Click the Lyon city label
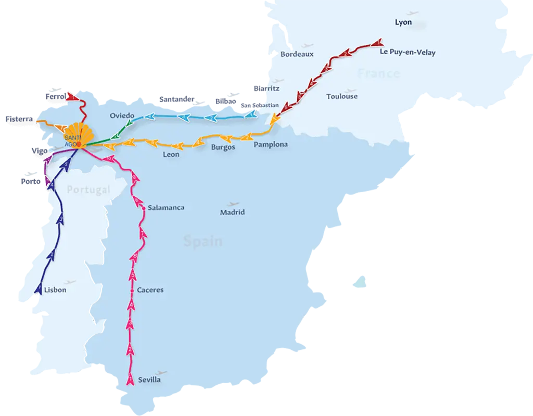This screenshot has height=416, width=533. click(403, 22)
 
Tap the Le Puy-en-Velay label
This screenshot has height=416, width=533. click(408, 53)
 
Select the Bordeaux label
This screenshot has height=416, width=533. click(297, 54)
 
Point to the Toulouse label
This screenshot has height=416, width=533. click(342, 96)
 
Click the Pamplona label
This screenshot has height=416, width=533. click(271, 145)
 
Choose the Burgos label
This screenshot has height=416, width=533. click(223, 147)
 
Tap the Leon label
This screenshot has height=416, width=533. click(171, 155)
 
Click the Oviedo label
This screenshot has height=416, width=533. click(122, 116)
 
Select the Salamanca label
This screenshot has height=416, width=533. click(166, 207)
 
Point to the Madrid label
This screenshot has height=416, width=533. click(232, 212)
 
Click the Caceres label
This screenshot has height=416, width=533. click(150, 290)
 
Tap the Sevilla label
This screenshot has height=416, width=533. click(149, 380)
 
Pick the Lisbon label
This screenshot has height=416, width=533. click(55, 290)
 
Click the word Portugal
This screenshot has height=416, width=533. click(89, 190)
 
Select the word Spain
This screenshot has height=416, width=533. click(203, 241)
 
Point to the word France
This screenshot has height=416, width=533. click(378, 73)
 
